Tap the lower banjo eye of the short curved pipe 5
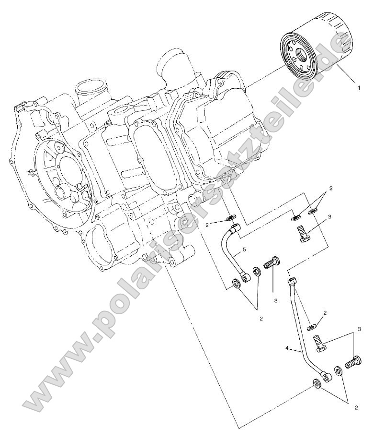pos(246,277)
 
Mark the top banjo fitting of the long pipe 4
pos(292,280)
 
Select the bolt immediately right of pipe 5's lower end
pos(272,263)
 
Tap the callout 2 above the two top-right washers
pos(331,189)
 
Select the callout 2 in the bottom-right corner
pos(356,407)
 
